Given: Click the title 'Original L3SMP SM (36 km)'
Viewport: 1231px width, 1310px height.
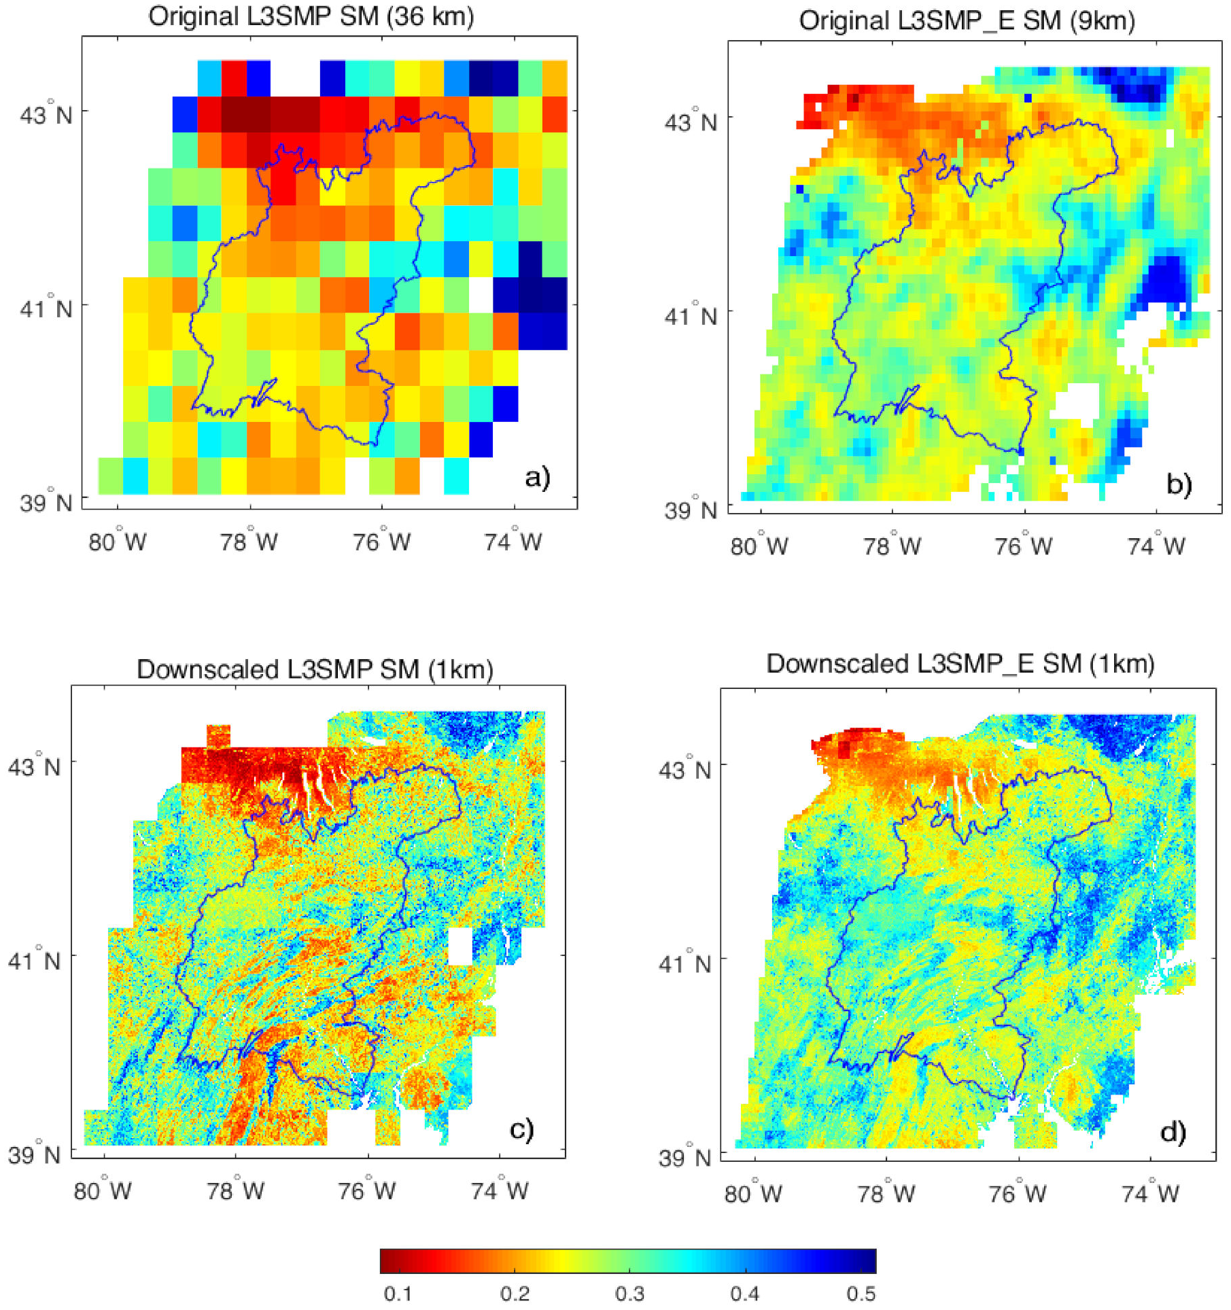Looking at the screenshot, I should click(x=311, y=16).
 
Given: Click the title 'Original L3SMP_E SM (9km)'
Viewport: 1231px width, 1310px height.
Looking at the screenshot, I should click(x=967, y=21).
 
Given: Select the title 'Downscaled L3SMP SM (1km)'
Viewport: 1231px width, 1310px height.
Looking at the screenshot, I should click(x=315, y=669).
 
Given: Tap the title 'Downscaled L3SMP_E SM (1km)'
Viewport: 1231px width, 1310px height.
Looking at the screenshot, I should click(x=960, y=664).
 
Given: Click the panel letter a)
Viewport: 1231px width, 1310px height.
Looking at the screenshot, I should click(x=537, y=477).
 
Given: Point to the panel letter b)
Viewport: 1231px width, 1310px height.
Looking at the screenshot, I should click(x=1179, y=484).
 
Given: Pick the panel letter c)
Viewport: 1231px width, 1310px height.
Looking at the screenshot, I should click(x=521, y=1129).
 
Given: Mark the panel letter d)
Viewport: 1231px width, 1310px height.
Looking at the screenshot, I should click(x=1173, y=1132).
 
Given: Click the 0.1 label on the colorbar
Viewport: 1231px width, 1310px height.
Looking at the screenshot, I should click(x=398, y=1294).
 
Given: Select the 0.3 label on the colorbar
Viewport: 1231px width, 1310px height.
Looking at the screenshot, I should click(x=629, y=1294).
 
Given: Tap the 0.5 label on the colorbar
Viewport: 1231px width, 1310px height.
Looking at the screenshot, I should click(x=861, y=1294).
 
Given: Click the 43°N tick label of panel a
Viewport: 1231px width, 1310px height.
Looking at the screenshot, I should click(x=46, y=114).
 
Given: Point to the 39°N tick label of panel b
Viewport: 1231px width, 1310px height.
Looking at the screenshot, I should click(x=691, y=510).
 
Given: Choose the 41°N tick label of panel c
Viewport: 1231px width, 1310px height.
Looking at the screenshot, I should click(x=33, y=960).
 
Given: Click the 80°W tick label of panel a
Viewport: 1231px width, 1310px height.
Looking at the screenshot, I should click(x=118, y=542).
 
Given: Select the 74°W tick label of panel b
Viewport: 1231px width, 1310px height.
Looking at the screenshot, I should click(x=1156, y=546).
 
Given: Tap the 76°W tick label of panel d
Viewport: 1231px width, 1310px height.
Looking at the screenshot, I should click(x=1018, y=1194).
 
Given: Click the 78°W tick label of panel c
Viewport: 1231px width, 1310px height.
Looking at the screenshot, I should click(x=235, y=1190).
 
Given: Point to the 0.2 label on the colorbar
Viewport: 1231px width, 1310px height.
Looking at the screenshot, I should click(x=515, y=1294).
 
